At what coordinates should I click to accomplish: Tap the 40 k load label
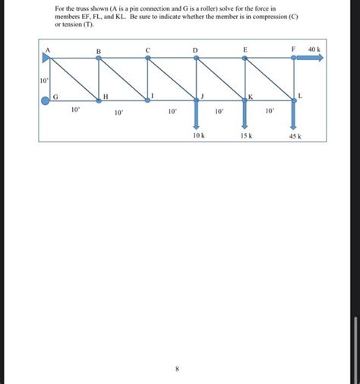pyautogui.click(x=314, y=49)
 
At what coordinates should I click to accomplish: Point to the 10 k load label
pyautogui.click(x=199, y=135)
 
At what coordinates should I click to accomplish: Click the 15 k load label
pyautogui.click(x=245, y=135)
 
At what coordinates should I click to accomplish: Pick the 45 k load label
pyautogui.click(x=295, y=136)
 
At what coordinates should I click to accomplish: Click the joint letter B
pyautogui.click(x=98, y=51)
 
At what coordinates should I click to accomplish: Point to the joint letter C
pyautogui.click(x=148, y=50)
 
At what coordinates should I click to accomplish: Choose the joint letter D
pyautogui.click(x=195, y=50)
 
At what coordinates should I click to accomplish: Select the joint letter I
pyautogui.click(x=153, y=94)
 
